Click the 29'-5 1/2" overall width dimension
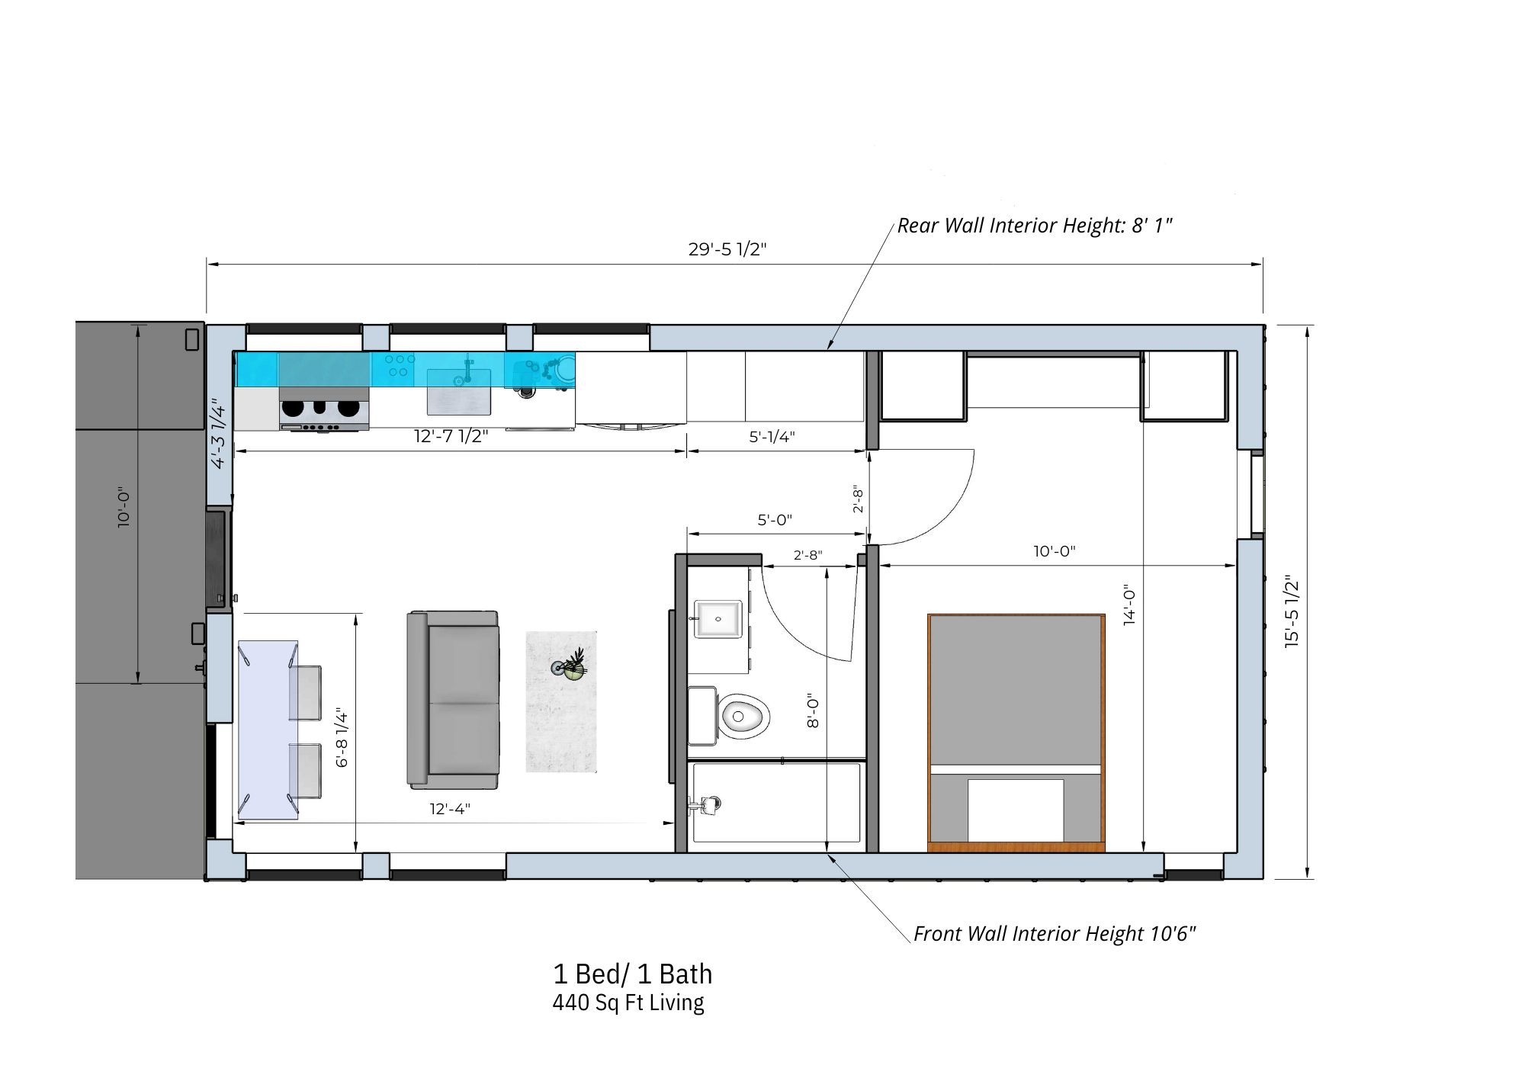(727, 249)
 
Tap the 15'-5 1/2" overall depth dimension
(1291, 611)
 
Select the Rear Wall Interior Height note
(1035, 226)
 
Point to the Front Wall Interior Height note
(1055, 934)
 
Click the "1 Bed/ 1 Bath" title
(632, 974)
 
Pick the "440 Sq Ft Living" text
(628, 1003)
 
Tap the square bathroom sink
(718, 618)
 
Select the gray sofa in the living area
(453, 700)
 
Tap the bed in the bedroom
(1016, 733)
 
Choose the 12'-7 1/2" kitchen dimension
(451, 436)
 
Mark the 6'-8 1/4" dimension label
(342, 738)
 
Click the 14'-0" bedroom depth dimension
(1129, 605)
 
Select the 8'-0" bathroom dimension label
(813, 710)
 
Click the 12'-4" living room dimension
(450, 808)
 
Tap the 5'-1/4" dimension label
(772, 436)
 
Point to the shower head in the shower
(708, 804)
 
